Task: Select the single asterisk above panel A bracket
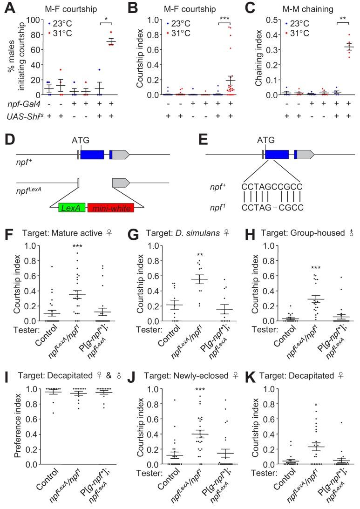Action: [x=106, y=20]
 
